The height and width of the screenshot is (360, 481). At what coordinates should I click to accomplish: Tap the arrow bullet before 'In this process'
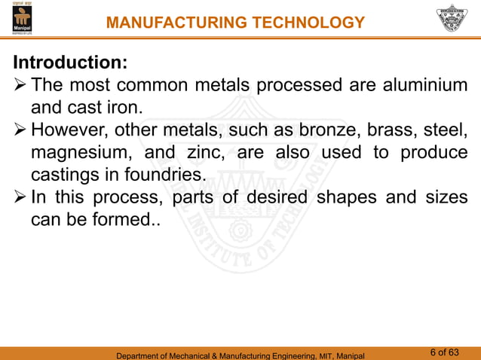coord(20,198)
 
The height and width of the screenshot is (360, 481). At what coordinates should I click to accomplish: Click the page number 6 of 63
coord(444,352)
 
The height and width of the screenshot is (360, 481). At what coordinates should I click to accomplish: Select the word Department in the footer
coord(140,355)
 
